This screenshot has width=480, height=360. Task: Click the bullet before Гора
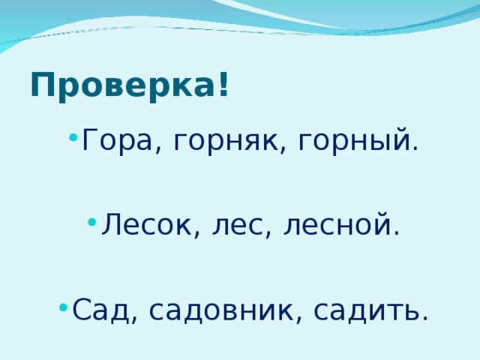click(x=70, y=137)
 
